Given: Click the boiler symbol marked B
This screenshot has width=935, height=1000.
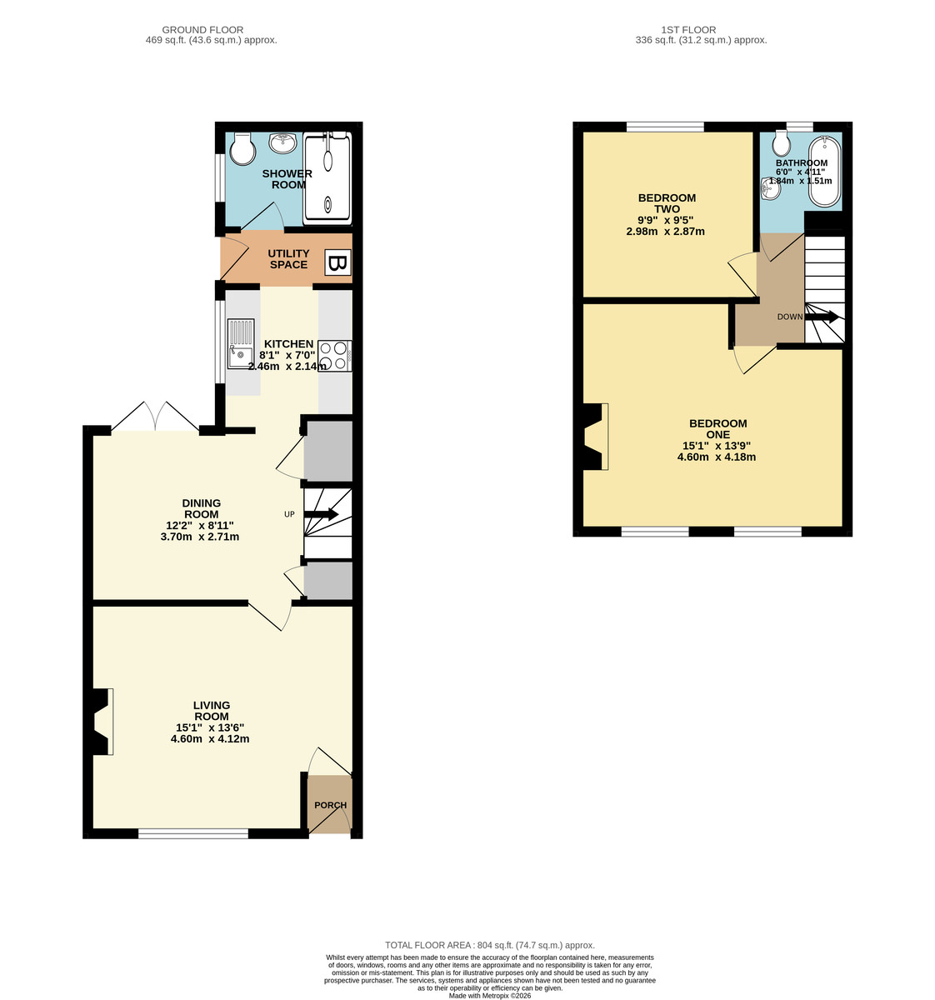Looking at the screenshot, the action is click(x=337, y=262).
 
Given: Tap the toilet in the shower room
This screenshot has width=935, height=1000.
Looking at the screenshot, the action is click(x=242, y=148).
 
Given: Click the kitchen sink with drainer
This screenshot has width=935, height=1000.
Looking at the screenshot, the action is click(x=241, y=343).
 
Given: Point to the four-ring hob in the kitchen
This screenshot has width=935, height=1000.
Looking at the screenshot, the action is click(x=335, y=356).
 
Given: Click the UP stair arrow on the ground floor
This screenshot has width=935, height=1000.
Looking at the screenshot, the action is click(x=320, y=514).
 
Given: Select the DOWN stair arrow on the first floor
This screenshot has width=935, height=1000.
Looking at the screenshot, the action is click(x=821, y=317).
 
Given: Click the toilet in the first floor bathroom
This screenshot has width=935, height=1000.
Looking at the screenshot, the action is click(x=782, y=143).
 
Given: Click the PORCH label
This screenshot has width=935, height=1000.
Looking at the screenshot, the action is click(x=331, y=805).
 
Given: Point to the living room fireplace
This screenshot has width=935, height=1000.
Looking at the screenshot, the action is click(x=102, y=722).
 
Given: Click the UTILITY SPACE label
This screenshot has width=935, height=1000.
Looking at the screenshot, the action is click(x=288, y=259).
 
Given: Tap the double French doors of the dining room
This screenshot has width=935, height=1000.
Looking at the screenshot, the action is click(x=155, y=417).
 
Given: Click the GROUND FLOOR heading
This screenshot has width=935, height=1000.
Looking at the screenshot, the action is click(x=202, y=30).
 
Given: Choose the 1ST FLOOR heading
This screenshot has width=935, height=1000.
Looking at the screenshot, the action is click(x=688, y=30).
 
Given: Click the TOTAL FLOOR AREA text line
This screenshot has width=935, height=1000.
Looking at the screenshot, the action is click(x=490, y=945).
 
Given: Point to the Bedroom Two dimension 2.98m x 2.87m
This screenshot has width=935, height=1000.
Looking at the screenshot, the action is click(x=665, y=232).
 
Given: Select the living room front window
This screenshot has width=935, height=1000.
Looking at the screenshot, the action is click(x=193, y=833).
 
